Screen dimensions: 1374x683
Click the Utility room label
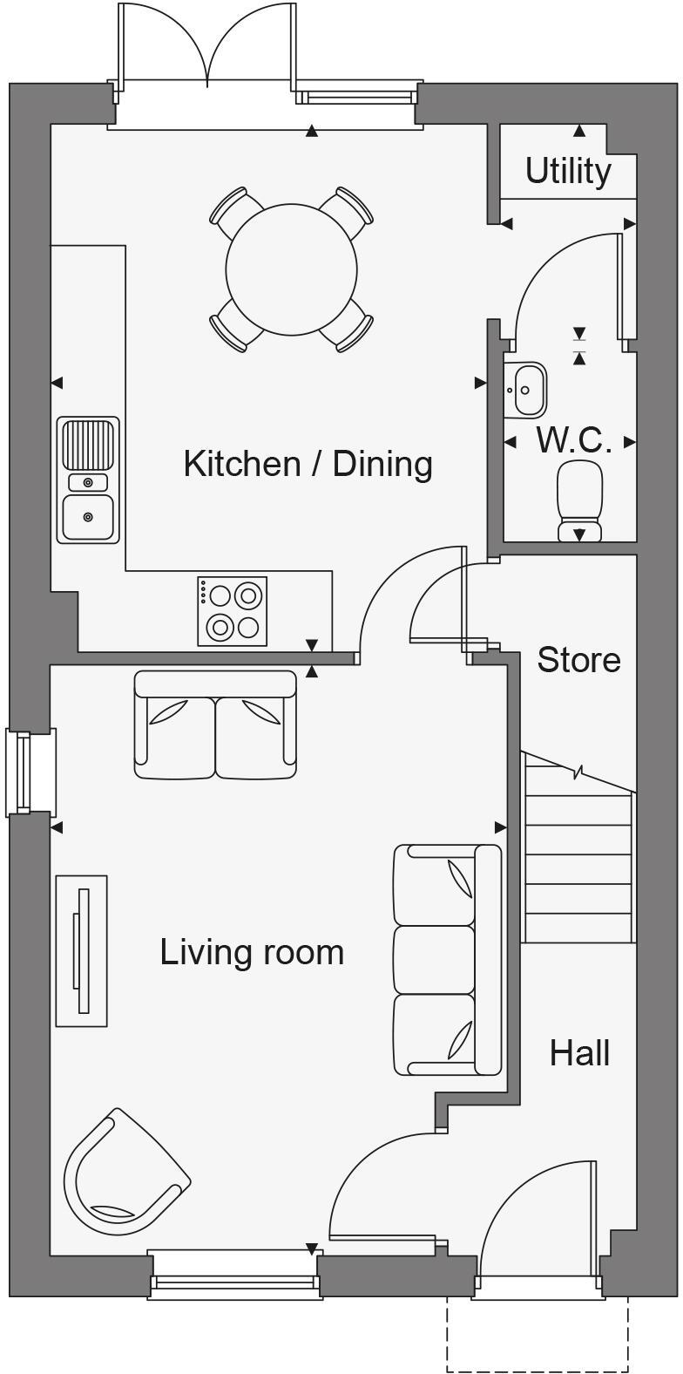(x=568, y=171)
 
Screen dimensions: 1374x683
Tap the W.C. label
(x=573, y=441)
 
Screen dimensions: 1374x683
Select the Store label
(x=578, y=660)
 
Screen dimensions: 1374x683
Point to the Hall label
(x=579, y=1053)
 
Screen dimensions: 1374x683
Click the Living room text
(x=252, y=951)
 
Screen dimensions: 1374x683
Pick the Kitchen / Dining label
(x=308, y=463)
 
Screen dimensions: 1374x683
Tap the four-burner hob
(x=232, y=610)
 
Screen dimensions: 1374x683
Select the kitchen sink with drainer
(x=88, y=480)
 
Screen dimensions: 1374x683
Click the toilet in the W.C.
(x=580, y=501)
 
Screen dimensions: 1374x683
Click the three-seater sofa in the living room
(x=447, y=959)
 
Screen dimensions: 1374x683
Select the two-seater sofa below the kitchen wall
(x=215, y=724)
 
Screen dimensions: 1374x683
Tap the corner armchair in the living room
(x=125, y=1173)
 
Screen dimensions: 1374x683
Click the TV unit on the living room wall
(x=82, y=950)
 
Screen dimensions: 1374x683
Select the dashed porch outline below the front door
(x=538, y=1333)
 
